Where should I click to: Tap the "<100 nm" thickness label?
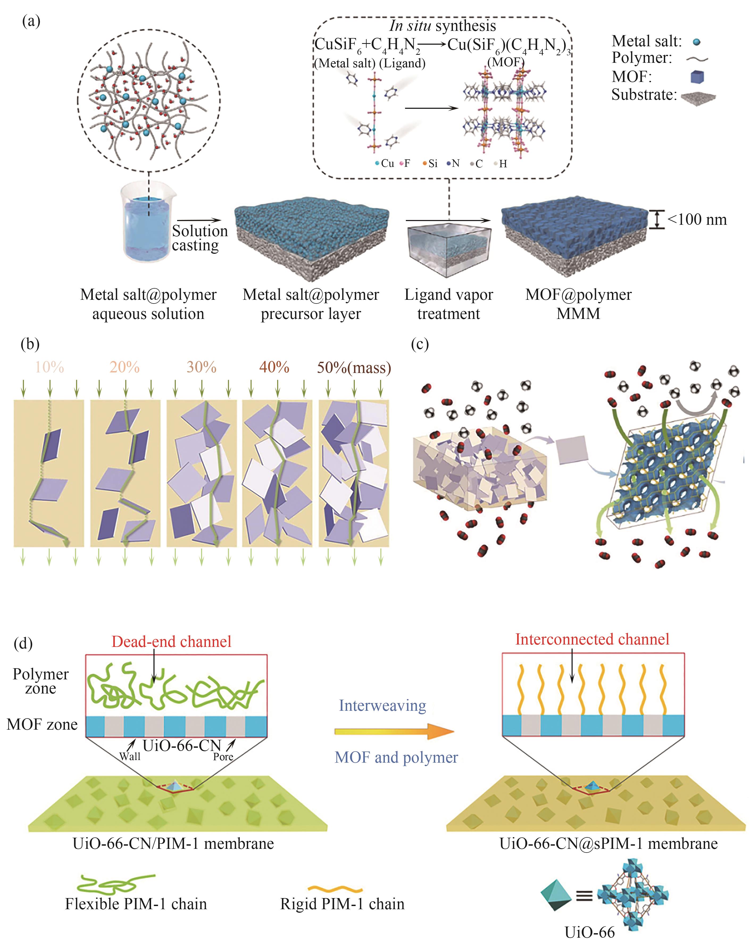[x=697, y=219]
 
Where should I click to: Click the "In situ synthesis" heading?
[x=442, y=26]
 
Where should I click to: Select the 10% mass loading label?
[x=49, y=367]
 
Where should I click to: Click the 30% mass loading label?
[x=201, y=367]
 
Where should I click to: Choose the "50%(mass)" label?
[x=354, y=367]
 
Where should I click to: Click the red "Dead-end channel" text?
[x=171, y=642]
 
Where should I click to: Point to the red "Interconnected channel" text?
[x=592, y=639]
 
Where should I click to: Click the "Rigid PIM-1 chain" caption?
[x=342, y=904]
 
